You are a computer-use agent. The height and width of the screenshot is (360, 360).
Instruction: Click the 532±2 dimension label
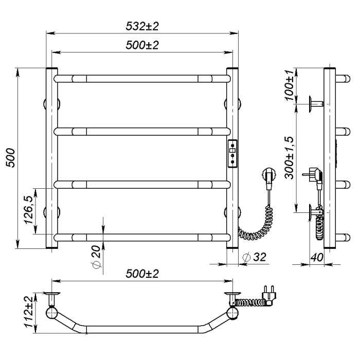(142, 26)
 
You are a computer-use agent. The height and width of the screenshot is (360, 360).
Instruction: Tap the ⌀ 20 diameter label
(96, 257)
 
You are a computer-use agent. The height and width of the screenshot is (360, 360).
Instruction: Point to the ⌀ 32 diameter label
(255, 257)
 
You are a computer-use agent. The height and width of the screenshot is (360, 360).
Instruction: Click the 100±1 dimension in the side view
(289, 85)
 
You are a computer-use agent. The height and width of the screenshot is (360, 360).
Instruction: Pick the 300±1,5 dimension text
(289, 158)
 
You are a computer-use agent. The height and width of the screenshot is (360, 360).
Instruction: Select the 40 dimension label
(317, 257)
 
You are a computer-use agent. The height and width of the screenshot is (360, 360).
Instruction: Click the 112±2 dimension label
(29, 312)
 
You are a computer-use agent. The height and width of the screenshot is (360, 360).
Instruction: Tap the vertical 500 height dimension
(11, 158)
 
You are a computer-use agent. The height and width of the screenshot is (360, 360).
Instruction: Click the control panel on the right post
(232, 154)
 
